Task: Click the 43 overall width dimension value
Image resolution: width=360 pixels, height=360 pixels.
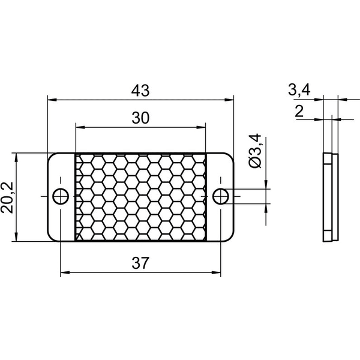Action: coord(140,91)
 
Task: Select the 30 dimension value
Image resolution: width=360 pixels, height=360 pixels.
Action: coord(140,118)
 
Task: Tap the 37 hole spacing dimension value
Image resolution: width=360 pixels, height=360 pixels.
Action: coord(140,263)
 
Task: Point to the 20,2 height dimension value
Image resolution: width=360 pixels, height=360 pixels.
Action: coord(7,197)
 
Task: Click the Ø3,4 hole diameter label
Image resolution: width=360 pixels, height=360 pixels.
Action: coord(256,151)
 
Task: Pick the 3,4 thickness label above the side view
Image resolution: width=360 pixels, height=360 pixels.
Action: coord(299,90)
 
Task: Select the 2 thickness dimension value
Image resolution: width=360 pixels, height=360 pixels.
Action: coord(299,112)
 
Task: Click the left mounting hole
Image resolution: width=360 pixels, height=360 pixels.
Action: coord(61,197)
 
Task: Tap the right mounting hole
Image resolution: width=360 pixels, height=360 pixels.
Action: coord(220,197)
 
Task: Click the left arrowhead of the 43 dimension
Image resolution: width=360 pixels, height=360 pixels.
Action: coord(52,100)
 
